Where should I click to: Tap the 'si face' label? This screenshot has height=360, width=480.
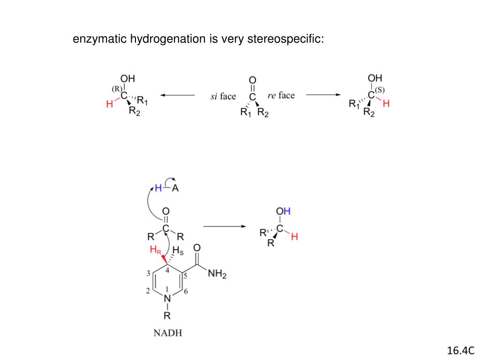point(223,97)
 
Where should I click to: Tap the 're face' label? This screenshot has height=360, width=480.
point(281,96)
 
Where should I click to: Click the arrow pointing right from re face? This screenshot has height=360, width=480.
point(323,95)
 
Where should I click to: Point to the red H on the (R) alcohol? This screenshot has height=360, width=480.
point(109,105)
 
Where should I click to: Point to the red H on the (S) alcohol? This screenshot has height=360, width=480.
point(386,104)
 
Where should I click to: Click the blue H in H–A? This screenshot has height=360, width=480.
point(158,188)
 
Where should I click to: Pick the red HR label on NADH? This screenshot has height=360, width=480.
point(155,251)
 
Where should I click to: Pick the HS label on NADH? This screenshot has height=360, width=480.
point(179,250)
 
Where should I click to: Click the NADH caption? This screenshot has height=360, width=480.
point(168,333)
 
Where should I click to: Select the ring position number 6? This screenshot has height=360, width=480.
point(186,292)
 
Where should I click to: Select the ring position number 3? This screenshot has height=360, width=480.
point(148,273)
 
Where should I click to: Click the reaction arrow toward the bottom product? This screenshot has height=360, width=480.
point(225,227)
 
